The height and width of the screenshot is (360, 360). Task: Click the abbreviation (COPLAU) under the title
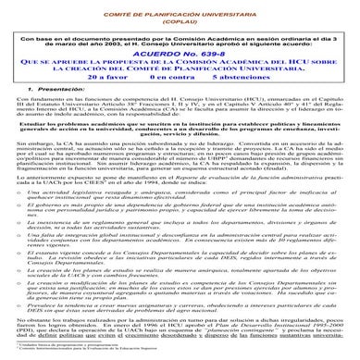180,16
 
